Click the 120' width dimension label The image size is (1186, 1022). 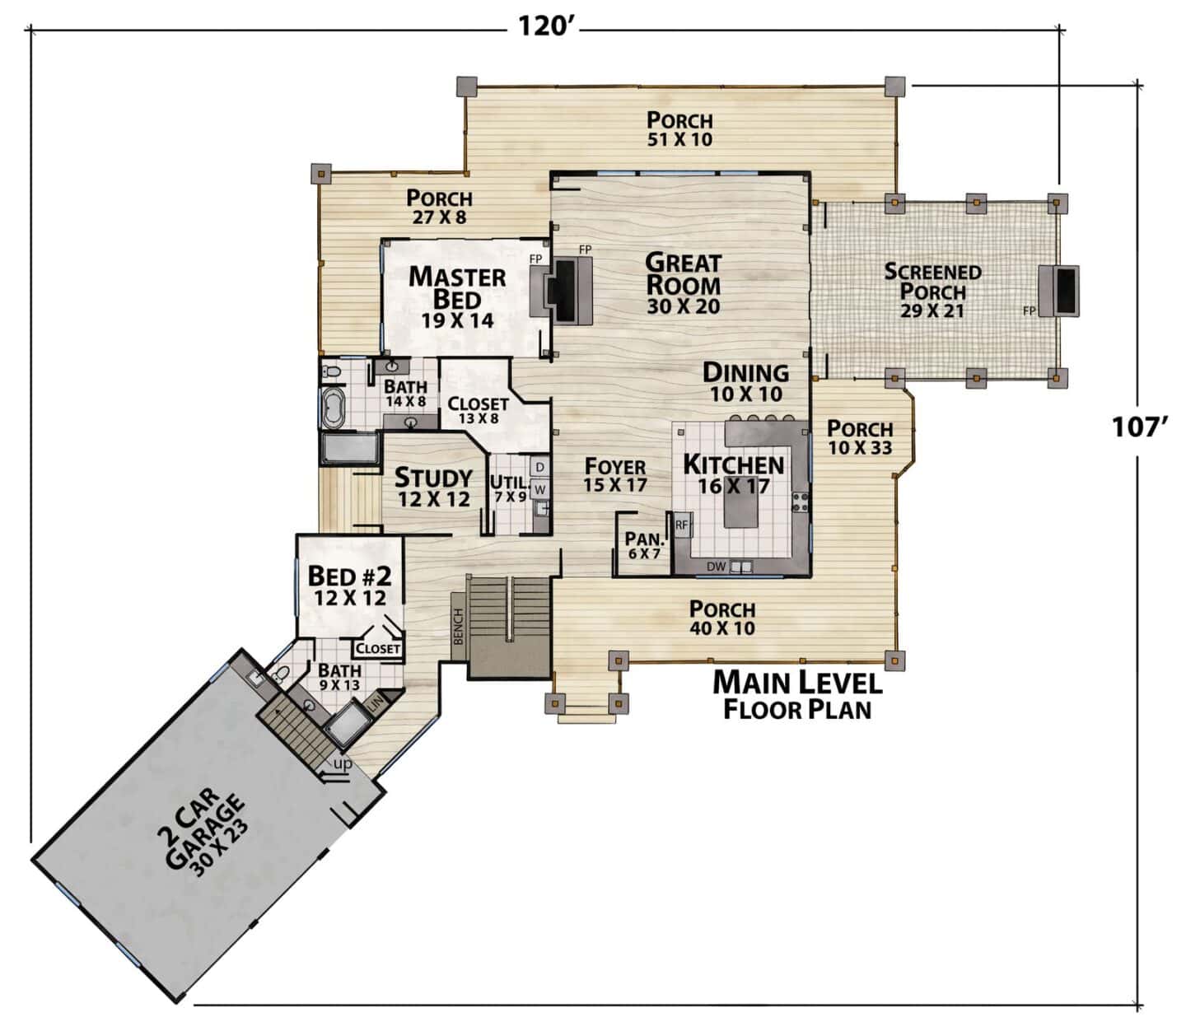coord(543,26)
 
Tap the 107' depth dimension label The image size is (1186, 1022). coord(1140,427)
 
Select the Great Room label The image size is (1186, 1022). coord(683,273)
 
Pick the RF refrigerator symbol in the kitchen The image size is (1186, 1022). coord(682,525)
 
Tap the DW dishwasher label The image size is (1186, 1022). coord(717,567)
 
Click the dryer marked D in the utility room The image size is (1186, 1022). coord(539,467)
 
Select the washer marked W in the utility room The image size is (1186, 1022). coord(539,489)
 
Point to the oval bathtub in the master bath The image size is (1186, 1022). coord(332,408)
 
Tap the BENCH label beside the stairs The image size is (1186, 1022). coord(459,627)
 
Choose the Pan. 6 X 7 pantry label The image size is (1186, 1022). coord(644,546)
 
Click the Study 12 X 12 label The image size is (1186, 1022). coord(434,488)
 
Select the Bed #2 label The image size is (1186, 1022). coord(350,576)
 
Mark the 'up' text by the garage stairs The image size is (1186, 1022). coord(343,763)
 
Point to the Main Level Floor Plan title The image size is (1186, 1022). coord(797,696)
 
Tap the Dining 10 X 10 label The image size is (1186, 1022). coord(746,382)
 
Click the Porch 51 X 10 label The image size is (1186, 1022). coord(680,129)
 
